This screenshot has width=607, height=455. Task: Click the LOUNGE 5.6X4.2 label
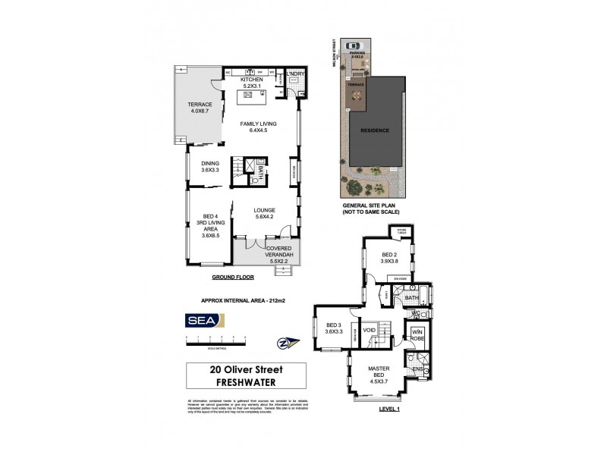(x=264, y=214)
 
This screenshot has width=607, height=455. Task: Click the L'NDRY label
(x=295, y=74)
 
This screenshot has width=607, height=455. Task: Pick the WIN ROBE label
(x=417, y=334)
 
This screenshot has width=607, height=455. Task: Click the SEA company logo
(x=203, y=320)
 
